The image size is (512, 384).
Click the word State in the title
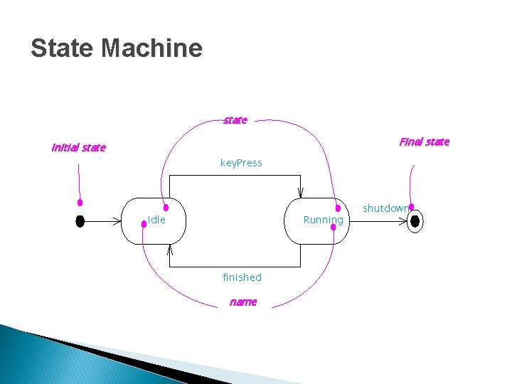[x=62, y=48]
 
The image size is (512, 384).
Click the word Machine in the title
[x=151, y=48]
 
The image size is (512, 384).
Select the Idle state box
[x=154, y=220]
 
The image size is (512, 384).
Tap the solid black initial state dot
[x=80, y=221]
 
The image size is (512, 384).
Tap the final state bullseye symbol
[x=415, y=221]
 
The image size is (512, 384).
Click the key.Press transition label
[x=241, y=163]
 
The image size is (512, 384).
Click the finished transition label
[x=242, y=277]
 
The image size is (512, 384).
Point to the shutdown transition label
[x=385, y=208]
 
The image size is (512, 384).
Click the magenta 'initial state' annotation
[x=78, y=148]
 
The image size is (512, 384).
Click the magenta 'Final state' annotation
[x=424, y=142]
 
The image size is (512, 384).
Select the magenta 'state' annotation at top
[x=235, y=120]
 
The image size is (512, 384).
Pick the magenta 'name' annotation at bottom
[x=242, y=302]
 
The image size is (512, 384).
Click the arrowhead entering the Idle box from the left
[x=118, y=221]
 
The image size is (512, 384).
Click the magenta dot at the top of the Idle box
[x=166, y=208]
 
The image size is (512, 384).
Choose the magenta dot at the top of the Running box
[x=338, y=208]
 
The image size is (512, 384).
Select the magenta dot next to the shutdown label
[x=411, y=207]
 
